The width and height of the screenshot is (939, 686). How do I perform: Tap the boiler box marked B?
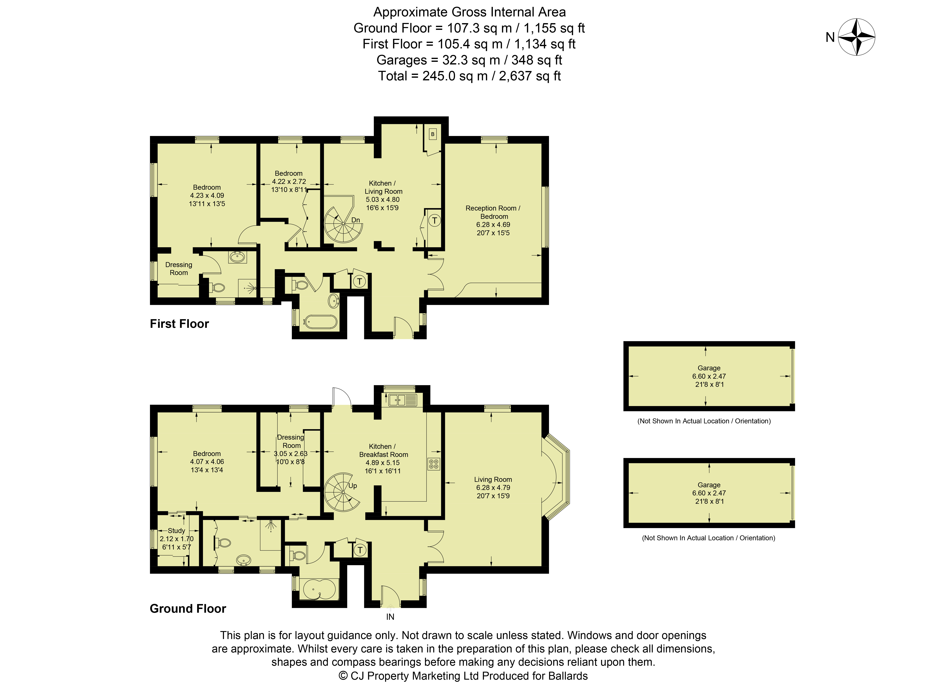pyautogui.click(x=432, y=134)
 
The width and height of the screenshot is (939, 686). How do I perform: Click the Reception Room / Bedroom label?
pyautogui.click(x=493, y=212)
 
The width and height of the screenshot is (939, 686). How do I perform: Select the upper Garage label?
pyautogui.click(x=709, y=368)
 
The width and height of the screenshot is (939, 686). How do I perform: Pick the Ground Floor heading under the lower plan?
pyautogui.click(x=188, y=609)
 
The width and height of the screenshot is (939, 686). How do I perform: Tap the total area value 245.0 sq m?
pyautogui.click(x=455, y=76)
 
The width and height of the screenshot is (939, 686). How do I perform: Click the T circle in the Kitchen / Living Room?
pyautogui.click(x=434, y=220)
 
